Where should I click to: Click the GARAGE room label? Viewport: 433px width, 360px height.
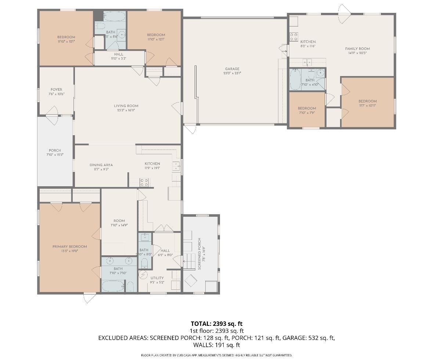tap(232, 69)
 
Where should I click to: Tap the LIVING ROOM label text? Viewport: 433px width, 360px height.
tap(126, 106)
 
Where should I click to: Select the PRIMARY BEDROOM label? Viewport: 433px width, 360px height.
tap(69, 246)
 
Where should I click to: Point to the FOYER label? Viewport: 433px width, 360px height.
tap(56, 90)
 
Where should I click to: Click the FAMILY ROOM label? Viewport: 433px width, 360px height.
tap(357, 48)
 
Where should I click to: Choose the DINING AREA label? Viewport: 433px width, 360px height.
tap(101, 165)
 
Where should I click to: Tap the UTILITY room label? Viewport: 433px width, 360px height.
tap(157, 278)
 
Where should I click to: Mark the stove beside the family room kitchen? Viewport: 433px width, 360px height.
tap(294, 36)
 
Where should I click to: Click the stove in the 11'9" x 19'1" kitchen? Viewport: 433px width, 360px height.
tap(144, 182)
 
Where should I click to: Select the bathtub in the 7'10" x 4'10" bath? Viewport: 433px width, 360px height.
tap(295, 80)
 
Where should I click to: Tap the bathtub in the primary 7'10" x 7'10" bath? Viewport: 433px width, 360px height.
tap(113, 286)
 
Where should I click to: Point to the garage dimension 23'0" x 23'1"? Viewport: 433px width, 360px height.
tap(232, 73)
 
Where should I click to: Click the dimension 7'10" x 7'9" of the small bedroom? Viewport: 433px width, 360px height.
tap(307, 112)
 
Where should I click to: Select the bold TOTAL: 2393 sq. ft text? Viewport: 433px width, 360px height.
tap(216, 324)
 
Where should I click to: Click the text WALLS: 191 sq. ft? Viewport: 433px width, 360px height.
tap(216, 345)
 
